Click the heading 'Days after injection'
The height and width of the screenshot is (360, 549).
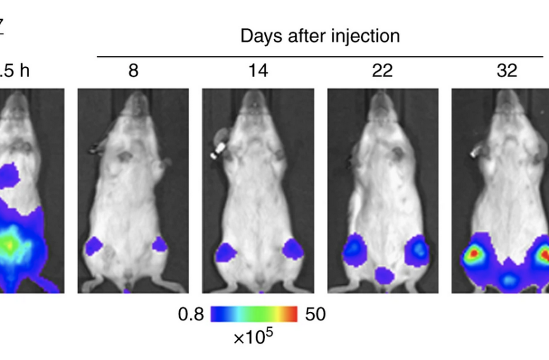pos(320,36)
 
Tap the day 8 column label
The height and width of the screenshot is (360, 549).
pos(133,70)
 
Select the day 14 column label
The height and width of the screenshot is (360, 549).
pos(257,70)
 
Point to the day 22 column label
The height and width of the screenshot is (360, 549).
pos(382,70)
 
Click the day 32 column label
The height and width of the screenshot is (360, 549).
pos(507,70)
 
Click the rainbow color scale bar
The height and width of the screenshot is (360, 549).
pos(254,314)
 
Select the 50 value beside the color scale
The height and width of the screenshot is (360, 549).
pos(315,314)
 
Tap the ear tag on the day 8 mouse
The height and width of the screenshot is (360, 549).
pos(95,149)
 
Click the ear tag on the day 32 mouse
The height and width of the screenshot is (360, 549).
pos(474,152)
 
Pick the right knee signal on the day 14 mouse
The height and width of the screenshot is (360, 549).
pos(293,249)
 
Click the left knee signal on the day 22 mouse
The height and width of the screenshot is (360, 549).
pos(353,248)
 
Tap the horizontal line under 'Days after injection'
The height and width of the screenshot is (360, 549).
pos(320,57)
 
